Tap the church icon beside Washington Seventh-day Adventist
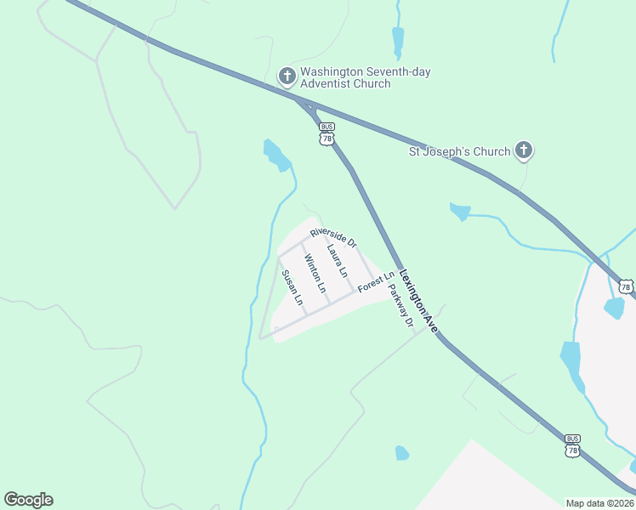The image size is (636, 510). [x=287, y=76]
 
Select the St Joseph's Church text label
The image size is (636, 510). [x=460, y=152]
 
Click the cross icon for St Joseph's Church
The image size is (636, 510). [x=523, y=151]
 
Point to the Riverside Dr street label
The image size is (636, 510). [x=333, y=237]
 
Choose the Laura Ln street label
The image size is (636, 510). [x=338, y=259]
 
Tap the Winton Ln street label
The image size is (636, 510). [x=315, y=274]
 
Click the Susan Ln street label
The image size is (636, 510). [x=292, y=286]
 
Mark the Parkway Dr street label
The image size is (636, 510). [x=400, y=305]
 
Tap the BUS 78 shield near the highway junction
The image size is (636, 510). [x=327, y=134]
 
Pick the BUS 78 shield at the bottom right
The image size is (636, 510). [x=572, y=445]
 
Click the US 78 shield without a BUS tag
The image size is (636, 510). [x=626, y=287]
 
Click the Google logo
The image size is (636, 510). [x=28, y=500]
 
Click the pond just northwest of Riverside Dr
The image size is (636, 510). [x=275, y=155]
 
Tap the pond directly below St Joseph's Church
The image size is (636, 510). [x=460, y=211]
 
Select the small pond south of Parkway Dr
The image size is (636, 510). [x=402, y=453]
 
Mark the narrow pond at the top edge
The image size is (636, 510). [x=398, y=41]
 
